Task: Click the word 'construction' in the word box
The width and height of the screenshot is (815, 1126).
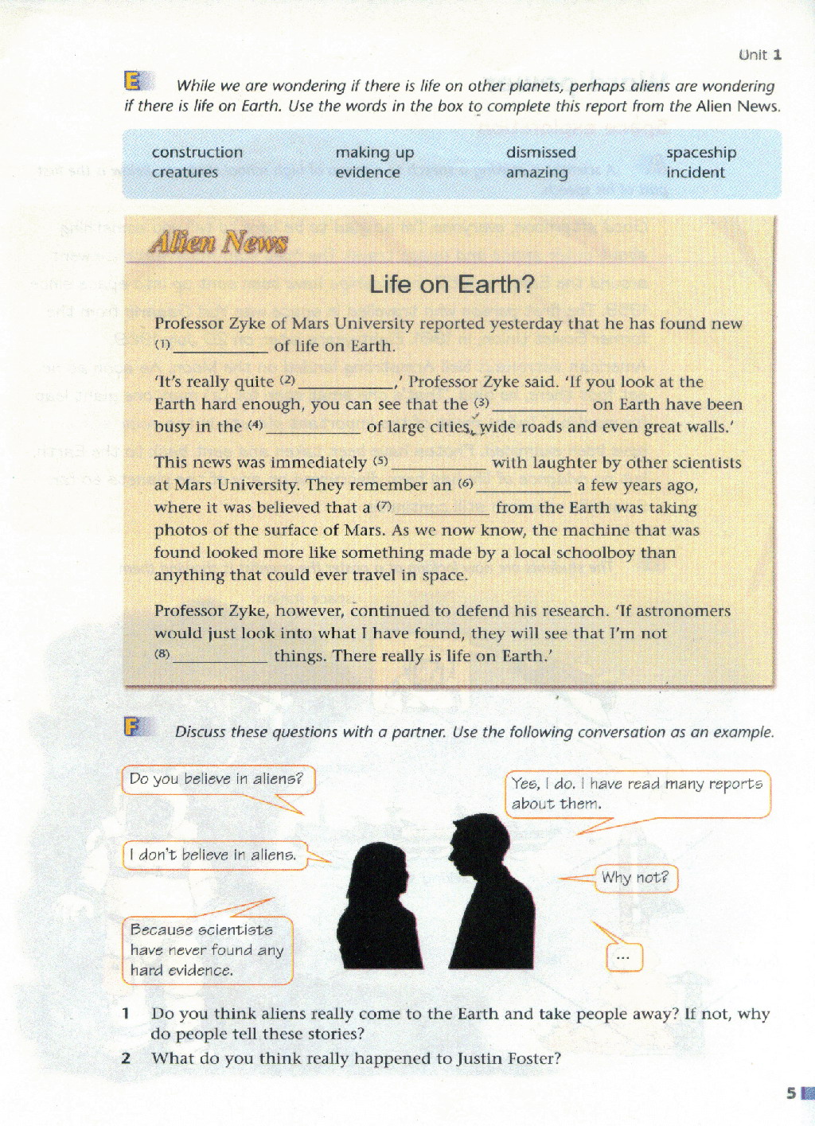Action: click(x=197, y=152)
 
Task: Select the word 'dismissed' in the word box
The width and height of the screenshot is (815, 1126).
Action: click(x=540, y=152)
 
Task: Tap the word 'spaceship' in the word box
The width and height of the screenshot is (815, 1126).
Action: click(x=700, y=152)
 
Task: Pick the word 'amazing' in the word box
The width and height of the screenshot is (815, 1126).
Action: click(x=536, y=173)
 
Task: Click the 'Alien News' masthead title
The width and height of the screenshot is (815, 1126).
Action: click(x=218, y=242)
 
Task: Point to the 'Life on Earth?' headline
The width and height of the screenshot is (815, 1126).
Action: click(x=451, y=284)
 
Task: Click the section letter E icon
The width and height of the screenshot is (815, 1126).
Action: click(x=133, y=81)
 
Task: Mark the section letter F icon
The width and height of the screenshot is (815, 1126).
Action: click(x=132, y=727)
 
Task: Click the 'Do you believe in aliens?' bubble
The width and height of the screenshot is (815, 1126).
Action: click(x=217, y=780)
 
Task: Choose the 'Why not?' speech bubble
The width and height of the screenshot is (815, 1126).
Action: click(x=635, y=878)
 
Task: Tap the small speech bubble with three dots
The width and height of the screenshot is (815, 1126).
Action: click(x=624, y=957)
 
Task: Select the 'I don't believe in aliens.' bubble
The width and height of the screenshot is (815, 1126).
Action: click(x=214, y=855)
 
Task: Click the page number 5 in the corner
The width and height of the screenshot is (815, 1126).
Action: click(x=791, y=1093)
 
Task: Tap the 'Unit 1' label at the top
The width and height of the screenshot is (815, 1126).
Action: click(x=759, y=55)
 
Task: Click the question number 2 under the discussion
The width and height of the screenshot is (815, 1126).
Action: click(x=126, y=1058)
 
